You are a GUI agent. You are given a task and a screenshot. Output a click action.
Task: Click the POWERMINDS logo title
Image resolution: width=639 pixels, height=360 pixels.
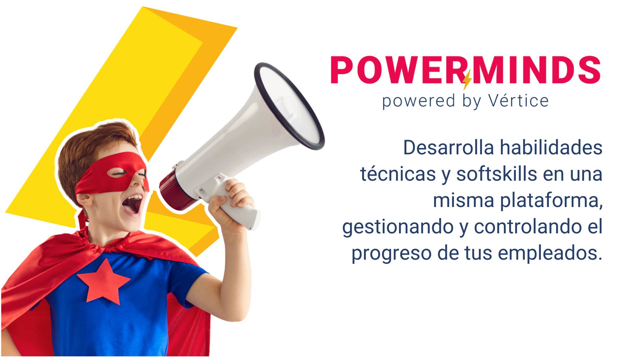[x=466, y=70]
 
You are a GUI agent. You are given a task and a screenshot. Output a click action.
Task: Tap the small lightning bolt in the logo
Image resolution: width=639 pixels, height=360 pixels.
[x=467, y=80]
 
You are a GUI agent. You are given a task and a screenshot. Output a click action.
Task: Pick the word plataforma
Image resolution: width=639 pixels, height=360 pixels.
[x=551, y=201]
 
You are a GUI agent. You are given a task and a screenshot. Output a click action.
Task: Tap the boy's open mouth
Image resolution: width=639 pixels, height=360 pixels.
[x=134, y=204]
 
